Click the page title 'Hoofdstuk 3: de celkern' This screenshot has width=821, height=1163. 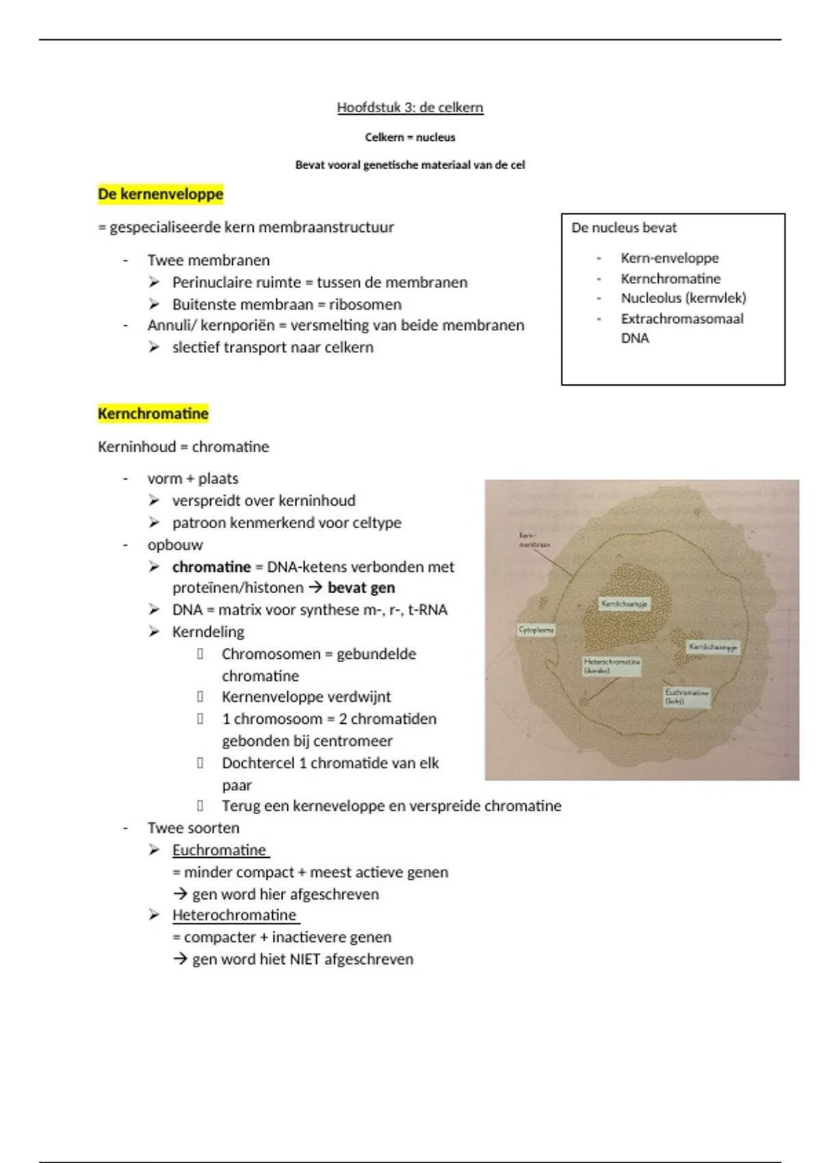(x=410, y=107)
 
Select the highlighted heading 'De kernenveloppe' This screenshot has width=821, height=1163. (x=161, y=194)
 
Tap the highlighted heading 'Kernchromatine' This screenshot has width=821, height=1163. (x=153, y=413)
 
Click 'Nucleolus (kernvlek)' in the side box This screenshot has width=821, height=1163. (x=683, y=298)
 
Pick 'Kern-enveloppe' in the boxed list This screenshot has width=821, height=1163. (x=669, y=258)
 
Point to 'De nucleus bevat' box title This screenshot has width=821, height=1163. (x=624, y=228)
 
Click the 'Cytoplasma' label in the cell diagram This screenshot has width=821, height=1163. (x=536, y=630)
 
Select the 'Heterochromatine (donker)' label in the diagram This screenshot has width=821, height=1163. (x=612, y=666)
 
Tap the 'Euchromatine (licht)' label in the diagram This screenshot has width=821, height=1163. (x=686, y=696)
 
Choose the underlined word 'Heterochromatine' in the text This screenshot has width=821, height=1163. (x=234, y=915)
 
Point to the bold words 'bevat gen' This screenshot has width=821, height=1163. (x=361, y=588)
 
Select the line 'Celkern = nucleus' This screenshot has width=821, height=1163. (x=410, y=137)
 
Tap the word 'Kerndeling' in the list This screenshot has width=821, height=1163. (x=208, y=631)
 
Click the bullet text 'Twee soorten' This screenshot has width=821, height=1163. (x=194, y=828)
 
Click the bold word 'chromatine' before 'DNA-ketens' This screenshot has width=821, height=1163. (x=211, y=566)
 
